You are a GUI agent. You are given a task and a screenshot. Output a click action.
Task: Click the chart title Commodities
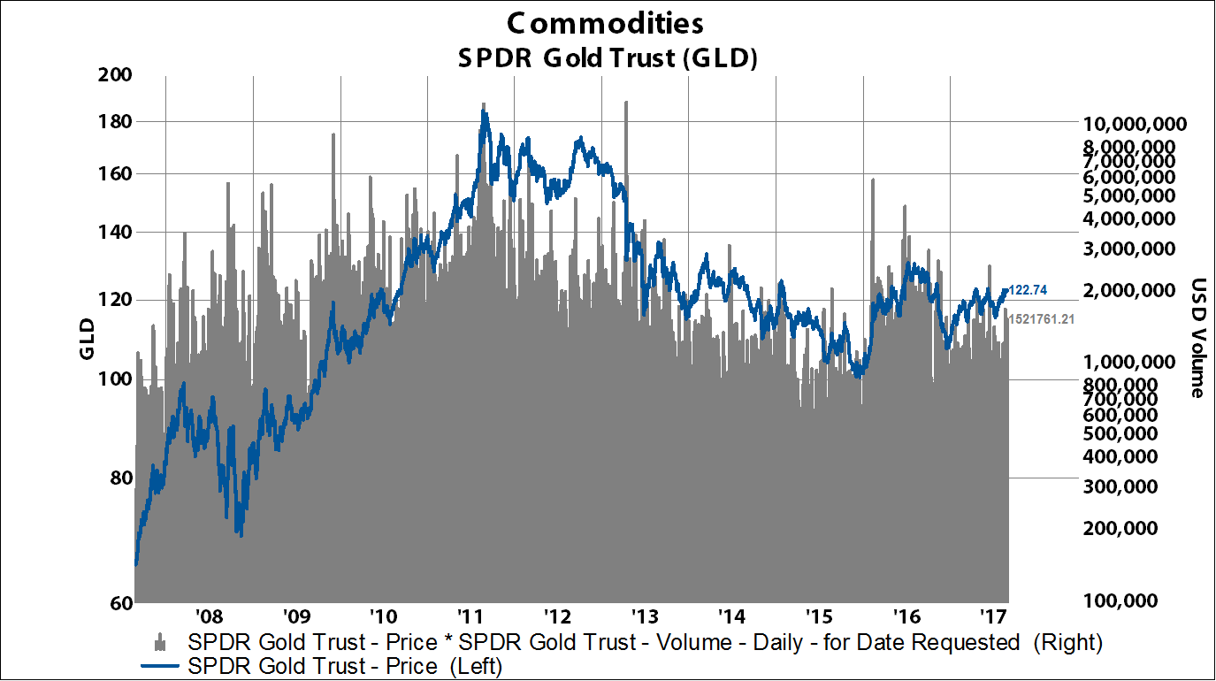pyautogui.click(x=607, y=22)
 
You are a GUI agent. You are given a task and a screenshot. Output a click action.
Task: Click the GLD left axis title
pyautogui.click(x=87, y=338)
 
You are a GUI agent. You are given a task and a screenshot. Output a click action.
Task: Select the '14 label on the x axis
pyautogui.click(x=730, y=615)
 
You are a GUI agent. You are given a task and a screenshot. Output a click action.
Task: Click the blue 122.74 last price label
pyautogui.click(x=1029, y=289)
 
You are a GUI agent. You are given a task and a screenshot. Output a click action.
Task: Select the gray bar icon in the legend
pyautogui.click(x=160, y=642)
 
